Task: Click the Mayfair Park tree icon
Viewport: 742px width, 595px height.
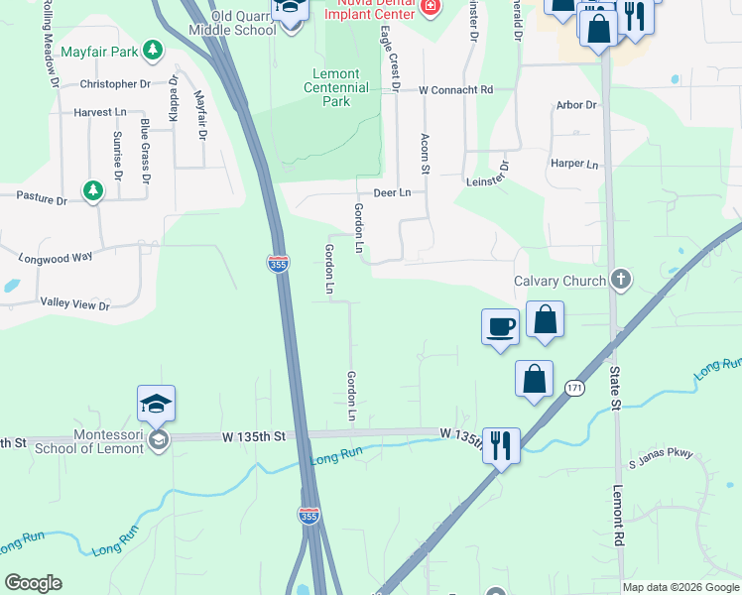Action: click(x=152, y=50)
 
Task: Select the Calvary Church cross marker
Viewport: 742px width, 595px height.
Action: click(x=621, y=281)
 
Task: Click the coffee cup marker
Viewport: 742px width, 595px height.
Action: click(x=500, y=326)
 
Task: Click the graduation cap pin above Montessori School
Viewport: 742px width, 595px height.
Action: click(x=156, y=404)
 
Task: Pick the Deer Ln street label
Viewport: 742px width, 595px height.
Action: click(x=391, y=192)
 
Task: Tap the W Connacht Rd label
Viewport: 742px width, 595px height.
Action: click(x=455, y=90)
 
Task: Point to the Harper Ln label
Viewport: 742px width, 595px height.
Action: click(x=574, y=164)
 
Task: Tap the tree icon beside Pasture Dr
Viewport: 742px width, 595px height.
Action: click(x=93, y=188)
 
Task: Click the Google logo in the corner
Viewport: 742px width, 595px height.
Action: click(x=33, y=583)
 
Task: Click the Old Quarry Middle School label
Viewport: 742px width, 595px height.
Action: click(x=231, y=23)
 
